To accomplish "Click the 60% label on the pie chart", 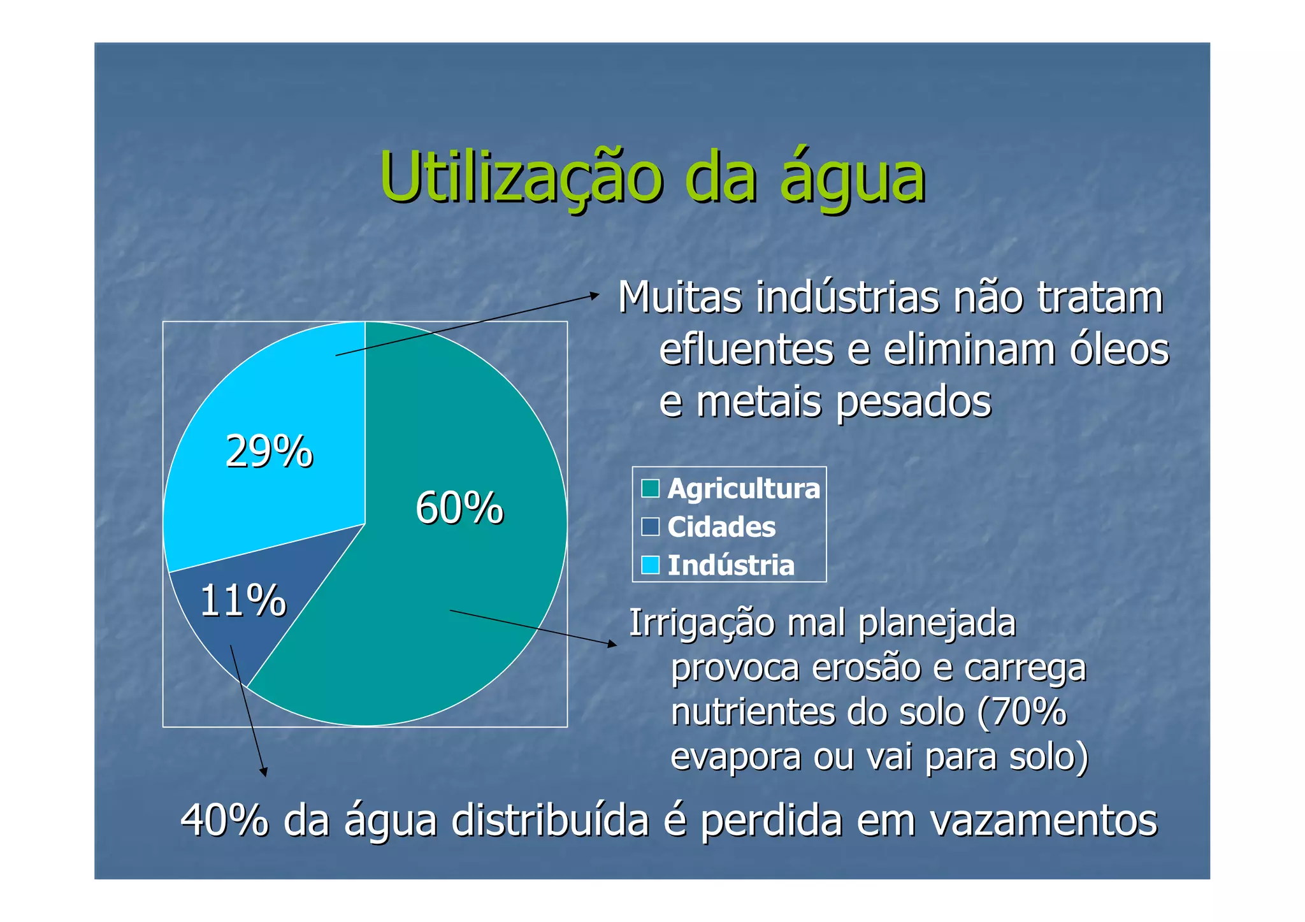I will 459,508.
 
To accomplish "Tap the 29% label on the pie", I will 269,452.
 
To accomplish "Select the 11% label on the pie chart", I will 243,600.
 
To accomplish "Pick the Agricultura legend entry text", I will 743,489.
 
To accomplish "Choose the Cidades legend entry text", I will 721,527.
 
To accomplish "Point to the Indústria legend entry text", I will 731,565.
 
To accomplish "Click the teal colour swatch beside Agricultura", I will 650,489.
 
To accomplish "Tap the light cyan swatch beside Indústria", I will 650,565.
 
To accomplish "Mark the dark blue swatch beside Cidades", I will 650,527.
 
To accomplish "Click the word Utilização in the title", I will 521,177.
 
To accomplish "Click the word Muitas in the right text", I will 680,298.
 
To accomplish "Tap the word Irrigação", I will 701,624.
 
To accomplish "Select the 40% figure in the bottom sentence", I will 224,820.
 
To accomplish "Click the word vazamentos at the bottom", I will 1043,820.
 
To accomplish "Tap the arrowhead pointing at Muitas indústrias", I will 595,295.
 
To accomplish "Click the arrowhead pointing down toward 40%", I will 263,772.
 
